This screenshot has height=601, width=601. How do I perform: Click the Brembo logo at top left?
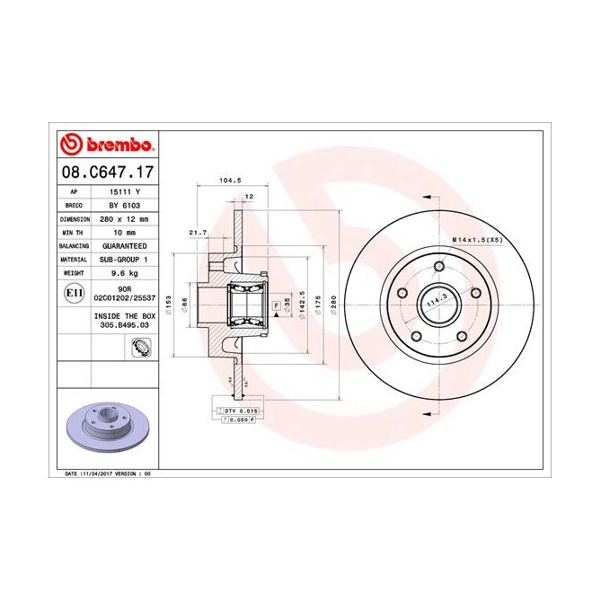coord(107,144)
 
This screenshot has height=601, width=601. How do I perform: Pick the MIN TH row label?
coord(74,232)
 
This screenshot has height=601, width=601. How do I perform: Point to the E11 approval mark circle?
coord(73,293)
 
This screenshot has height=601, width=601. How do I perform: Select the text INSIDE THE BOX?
coord(123,316)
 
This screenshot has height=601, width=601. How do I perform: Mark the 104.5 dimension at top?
coord(230,180)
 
